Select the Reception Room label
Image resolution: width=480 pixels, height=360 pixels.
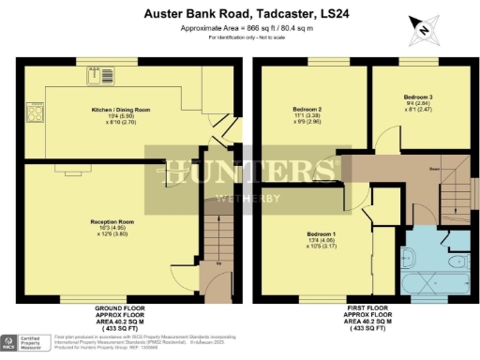110,221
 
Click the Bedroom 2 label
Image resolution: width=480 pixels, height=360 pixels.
307,109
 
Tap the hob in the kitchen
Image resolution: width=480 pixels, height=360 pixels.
35,114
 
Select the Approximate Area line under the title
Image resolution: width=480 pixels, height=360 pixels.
240,28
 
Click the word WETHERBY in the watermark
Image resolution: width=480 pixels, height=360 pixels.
240,198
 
